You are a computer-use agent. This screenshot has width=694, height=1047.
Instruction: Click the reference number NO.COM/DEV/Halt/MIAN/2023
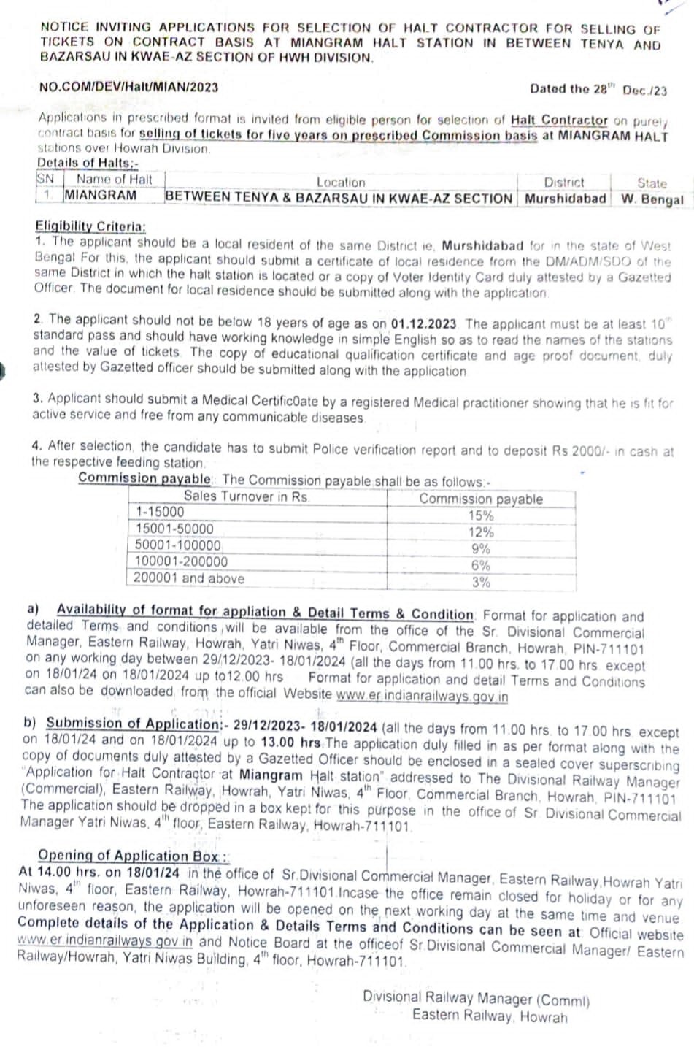128,87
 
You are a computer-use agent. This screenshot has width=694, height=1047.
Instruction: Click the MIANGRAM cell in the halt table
100,195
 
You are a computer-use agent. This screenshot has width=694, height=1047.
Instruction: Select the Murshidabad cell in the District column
566,198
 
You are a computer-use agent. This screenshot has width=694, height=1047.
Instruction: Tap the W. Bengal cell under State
652,199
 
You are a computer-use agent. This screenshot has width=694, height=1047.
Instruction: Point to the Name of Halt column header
114,179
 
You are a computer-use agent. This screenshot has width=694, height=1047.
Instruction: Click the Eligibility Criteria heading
90,226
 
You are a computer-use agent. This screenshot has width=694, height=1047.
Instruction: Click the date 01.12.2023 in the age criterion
423,323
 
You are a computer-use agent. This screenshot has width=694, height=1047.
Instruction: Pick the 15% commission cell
480,515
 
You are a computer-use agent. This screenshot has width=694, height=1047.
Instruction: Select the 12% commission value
480,532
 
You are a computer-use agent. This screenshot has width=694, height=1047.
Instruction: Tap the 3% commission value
480,582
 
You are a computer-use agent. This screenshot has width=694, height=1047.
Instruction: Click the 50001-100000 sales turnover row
178,545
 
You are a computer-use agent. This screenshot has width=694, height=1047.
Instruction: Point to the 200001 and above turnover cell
188,578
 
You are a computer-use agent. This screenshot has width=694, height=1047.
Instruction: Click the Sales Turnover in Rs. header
247,496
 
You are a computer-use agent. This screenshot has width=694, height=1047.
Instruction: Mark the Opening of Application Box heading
133,855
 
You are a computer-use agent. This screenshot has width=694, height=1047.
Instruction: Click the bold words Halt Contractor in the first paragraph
559,120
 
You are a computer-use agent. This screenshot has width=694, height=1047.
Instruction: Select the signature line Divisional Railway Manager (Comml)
476,998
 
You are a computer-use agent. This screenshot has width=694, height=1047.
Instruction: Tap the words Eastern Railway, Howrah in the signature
489,1015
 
